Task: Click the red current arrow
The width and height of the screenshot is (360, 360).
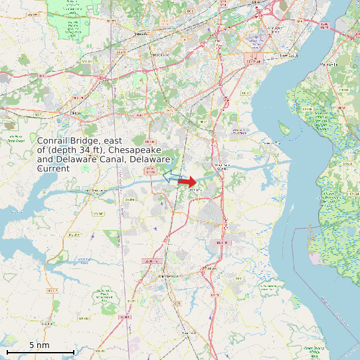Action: (187, 181)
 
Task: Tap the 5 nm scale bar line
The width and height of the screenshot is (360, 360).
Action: (40, 351)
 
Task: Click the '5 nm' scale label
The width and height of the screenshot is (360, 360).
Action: (39, 345)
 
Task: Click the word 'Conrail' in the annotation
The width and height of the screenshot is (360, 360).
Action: (54, 141)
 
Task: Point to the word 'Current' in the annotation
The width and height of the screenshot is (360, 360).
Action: (53, 169)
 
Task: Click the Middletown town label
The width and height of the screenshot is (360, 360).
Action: (168, 275)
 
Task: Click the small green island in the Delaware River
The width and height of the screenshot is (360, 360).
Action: (284, 128)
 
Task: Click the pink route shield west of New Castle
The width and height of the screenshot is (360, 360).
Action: (254, 58)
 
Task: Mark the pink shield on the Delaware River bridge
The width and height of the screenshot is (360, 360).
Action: (324, 25)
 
